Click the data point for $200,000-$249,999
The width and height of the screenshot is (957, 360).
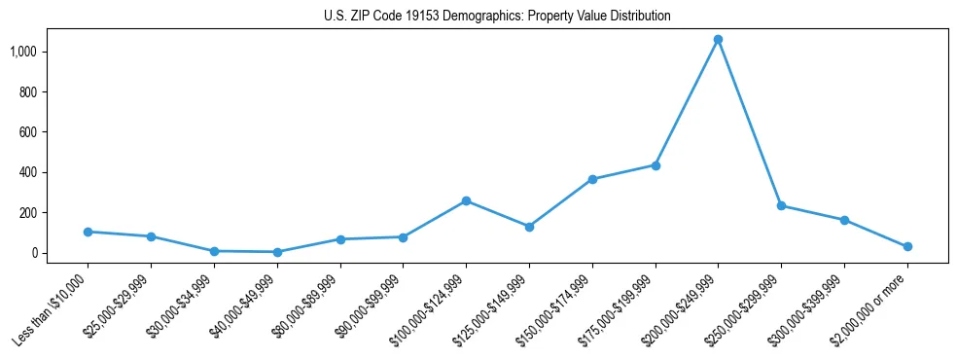[718, 40]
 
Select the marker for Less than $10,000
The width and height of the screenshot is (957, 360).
[88, 232]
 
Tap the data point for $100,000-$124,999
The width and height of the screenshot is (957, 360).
[466, 200]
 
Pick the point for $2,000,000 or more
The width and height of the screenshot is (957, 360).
[907, 247]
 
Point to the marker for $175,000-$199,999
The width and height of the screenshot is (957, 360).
[656, 165]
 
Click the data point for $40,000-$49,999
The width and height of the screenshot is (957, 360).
[277, 252]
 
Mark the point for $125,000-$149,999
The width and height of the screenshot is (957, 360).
[529, 227]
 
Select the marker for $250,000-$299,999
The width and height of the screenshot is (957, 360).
[781, 206]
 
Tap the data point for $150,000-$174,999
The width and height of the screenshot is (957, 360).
[592, 179]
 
